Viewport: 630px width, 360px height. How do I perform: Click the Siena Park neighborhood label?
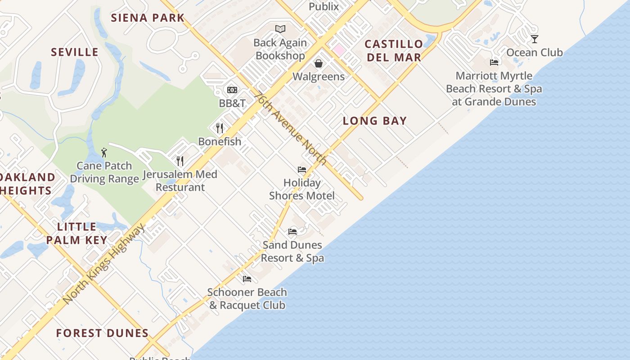[148, 18]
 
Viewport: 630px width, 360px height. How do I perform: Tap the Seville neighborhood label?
[75, 52]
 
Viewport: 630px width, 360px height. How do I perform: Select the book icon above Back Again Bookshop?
[280, 29]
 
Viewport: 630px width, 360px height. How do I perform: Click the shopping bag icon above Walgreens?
[319, 63]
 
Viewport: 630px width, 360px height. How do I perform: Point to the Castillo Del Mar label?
[394, 50]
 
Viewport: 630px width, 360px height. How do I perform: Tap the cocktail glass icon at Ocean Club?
[534, 39]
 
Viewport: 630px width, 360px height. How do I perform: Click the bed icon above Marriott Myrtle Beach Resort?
[494, 63]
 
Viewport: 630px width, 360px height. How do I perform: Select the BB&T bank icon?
[232, 90]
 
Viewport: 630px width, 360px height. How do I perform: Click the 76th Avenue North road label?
[290, 128]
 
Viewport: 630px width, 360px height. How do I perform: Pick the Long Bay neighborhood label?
[375, 121]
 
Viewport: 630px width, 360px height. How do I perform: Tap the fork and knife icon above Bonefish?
[220, 128]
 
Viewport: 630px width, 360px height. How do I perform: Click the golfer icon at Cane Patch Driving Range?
[104, 153]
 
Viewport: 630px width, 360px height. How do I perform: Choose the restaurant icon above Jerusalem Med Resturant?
[180, 161]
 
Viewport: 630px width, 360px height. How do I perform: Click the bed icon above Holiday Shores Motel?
[302, 170]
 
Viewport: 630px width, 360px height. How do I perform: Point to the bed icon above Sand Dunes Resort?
[292, 232]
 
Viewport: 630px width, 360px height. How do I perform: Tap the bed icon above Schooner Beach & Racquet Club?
[247, 279]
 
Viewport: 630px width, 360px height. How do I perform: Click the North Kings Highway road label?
[104, 264]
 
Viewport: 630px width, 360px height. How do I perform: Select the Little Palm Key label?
[76, 233]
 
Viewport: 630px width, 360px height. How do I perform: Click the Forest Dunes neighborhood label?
[102, 333]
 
